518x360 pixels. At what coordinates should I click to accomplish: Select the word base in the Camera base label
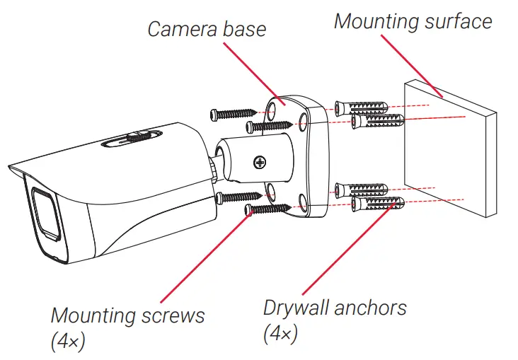[245, 29]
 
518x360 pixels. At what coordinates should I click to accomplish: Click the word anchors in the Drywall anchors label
[372, 308]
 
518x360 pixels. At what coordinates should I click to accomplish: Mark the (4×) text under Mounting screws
[69, 342]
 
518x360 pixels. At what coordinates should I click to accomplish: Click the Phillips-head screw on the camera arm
[261, 163]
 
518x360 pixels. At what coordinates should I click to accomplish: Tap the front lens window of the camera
[44, 212]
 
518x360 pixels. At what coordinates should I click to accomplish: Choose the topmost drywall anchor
[360, 107]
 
